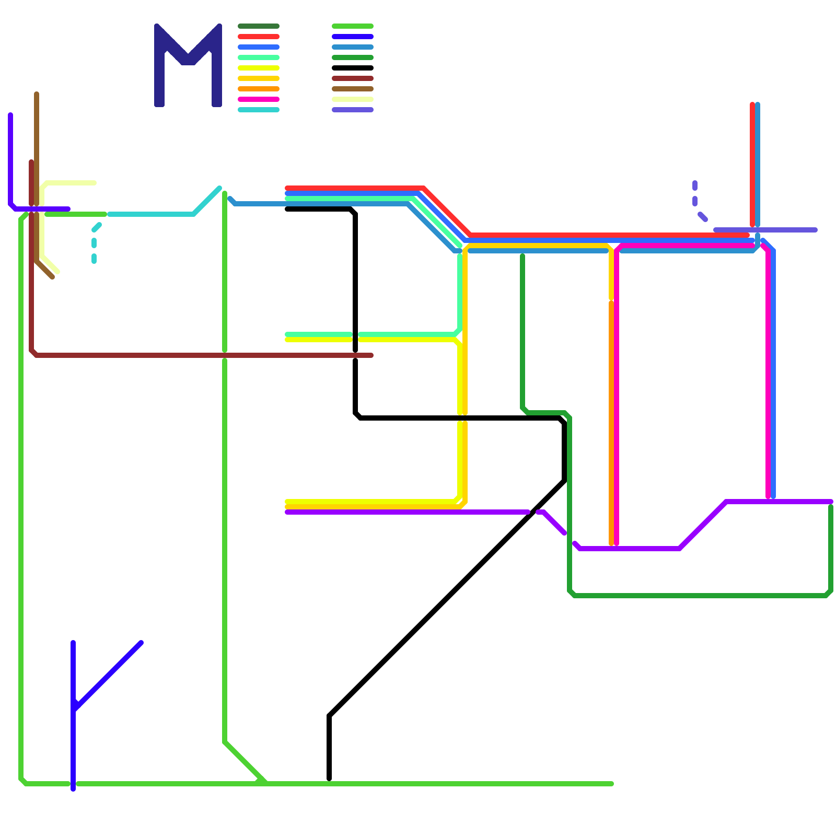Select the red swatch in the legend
(259, 37)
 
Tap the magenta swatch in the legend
(259, 99)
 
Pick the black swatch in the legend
(353, 68)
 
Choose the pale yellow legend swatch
(353, 99)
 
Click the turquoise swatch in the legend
(259, 110)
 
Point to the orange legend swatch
(259, 89)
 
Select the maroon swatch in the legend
(353, 78)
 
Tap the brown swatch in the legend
(353, 89)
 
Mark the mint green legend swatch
(259, 57)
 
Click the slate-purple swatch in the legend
(353, 110)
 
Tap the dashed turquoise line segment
(94, 243)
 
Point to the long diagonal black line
(444, 601)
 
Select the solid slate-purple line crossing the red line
(784, 230)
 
